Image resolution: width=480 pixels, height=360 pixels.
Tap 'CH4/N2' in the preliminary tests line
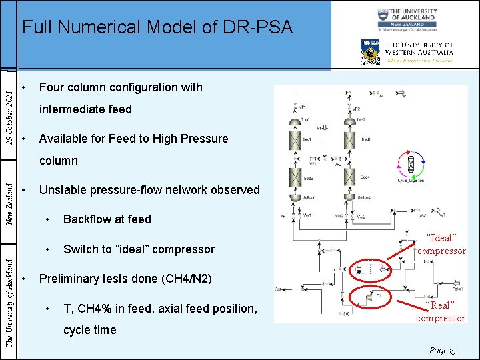189,279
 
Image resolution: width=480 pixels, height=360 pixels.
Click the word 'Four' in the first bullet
52,87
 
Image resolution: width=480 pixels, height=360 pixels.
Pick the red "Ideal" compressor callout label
441,244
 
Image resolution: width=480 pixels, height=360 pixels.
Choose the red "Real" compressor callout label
441,311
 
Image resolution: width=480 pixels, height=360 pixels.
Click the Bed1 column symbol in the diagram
291,141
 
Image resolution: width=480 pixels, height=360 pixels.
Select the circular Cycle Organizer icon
411,163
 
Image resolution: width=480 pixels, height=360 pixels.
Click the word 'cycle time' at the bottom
89,330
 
